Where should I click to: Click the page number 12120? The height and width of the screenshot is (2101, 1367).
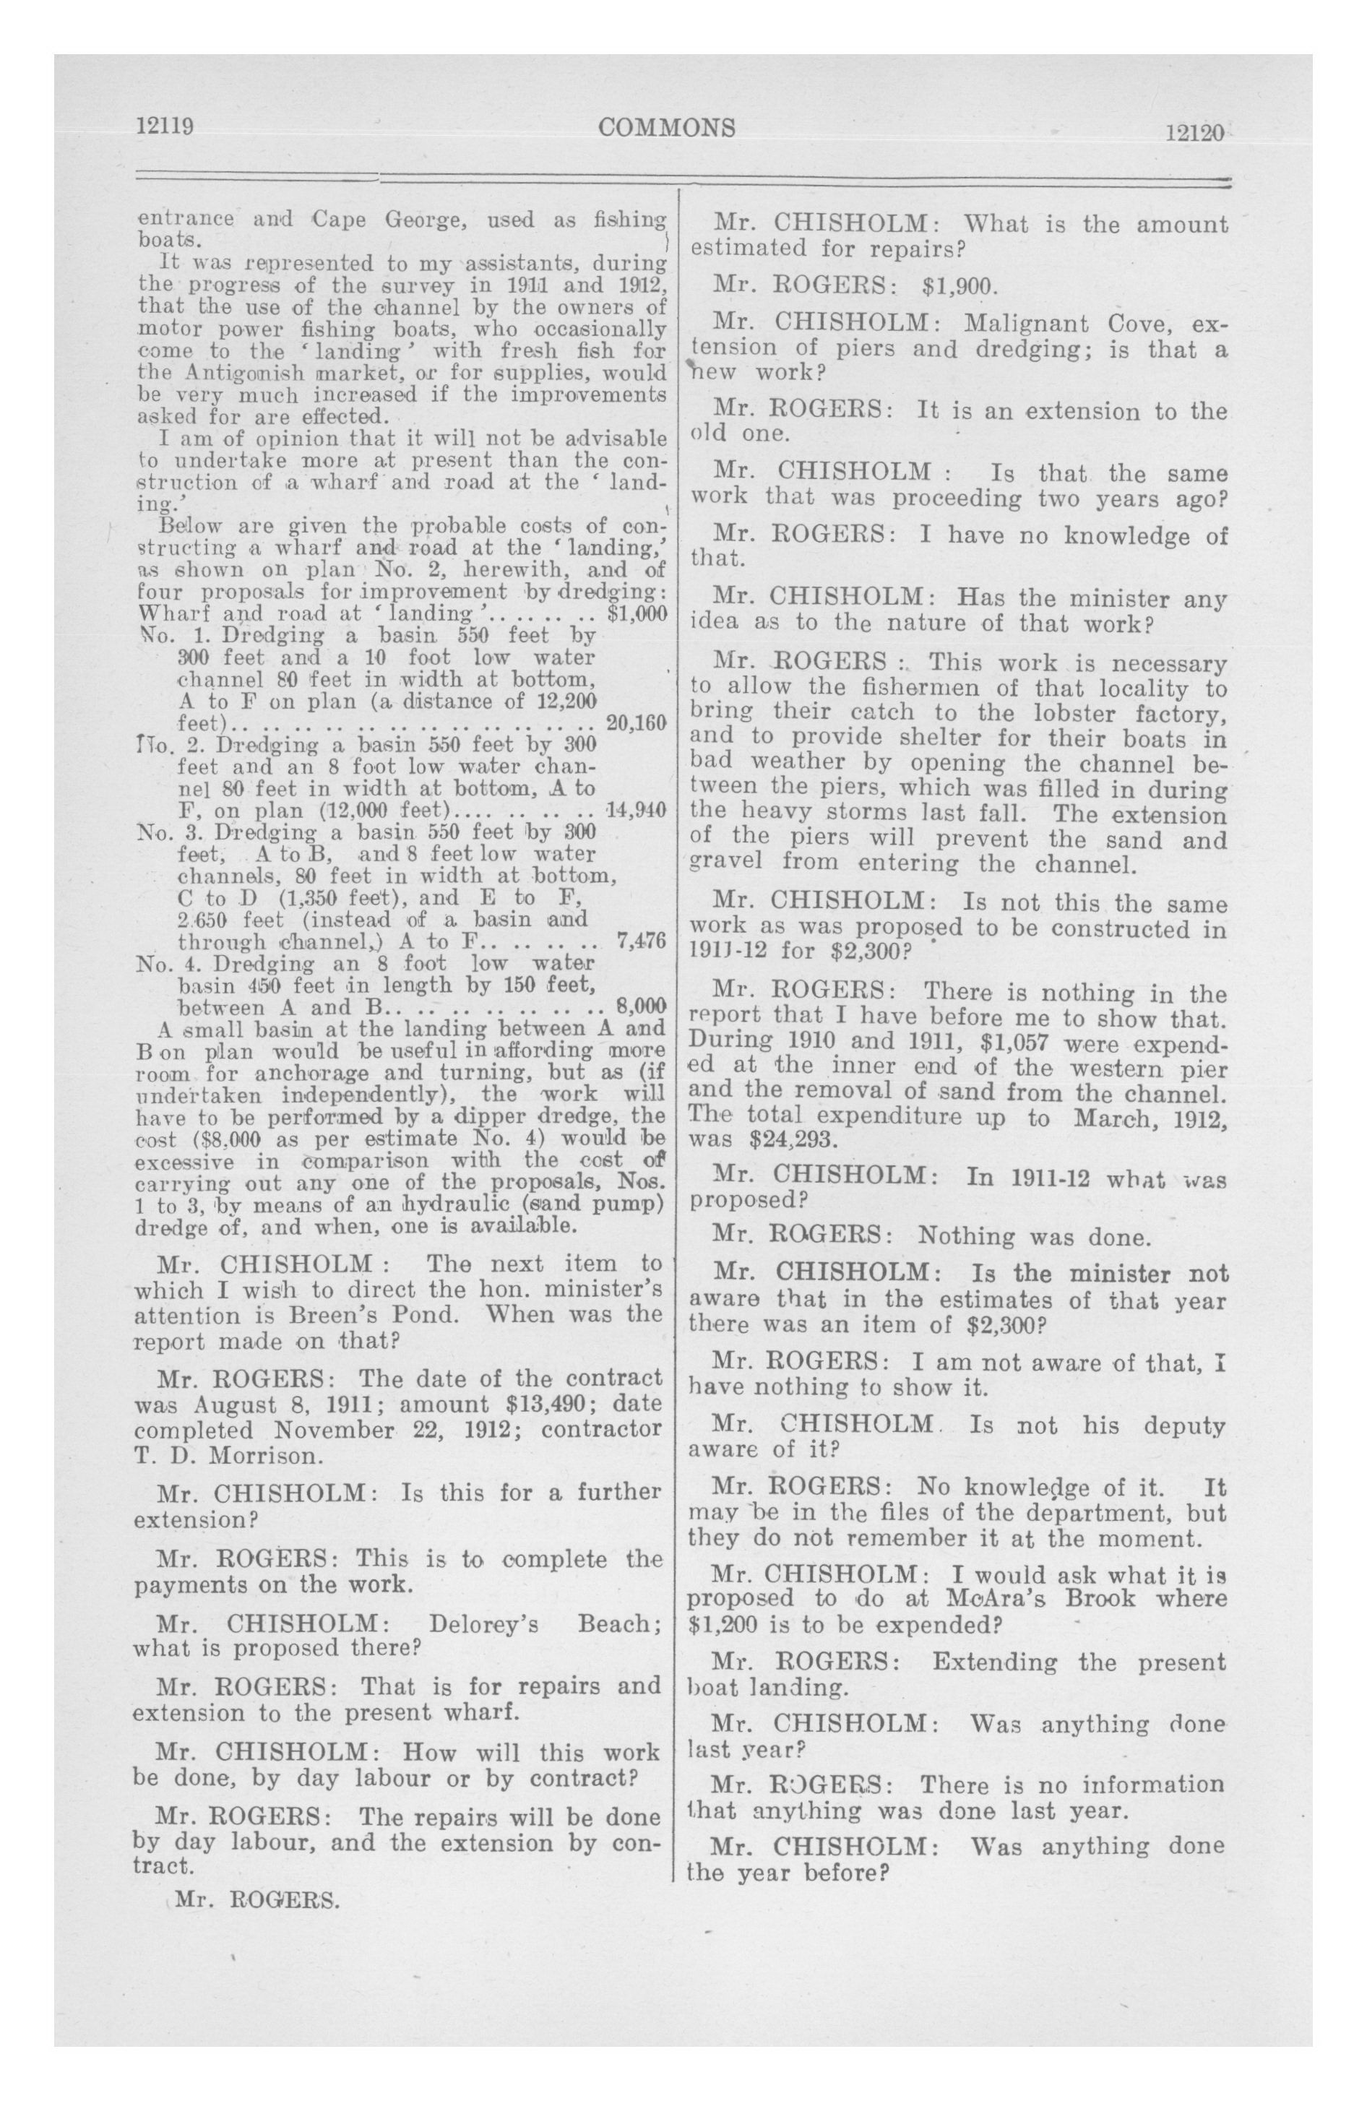(x=1194, y=132)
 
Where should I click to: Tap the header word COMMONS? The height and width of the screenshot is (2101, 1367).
(x=667, y=128)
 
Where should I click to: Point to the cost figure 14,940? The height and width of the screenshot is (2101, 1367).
(x=636, y=809)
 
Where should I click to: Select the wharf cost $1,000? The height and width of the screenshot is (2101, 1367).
(x=637, y=613)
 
